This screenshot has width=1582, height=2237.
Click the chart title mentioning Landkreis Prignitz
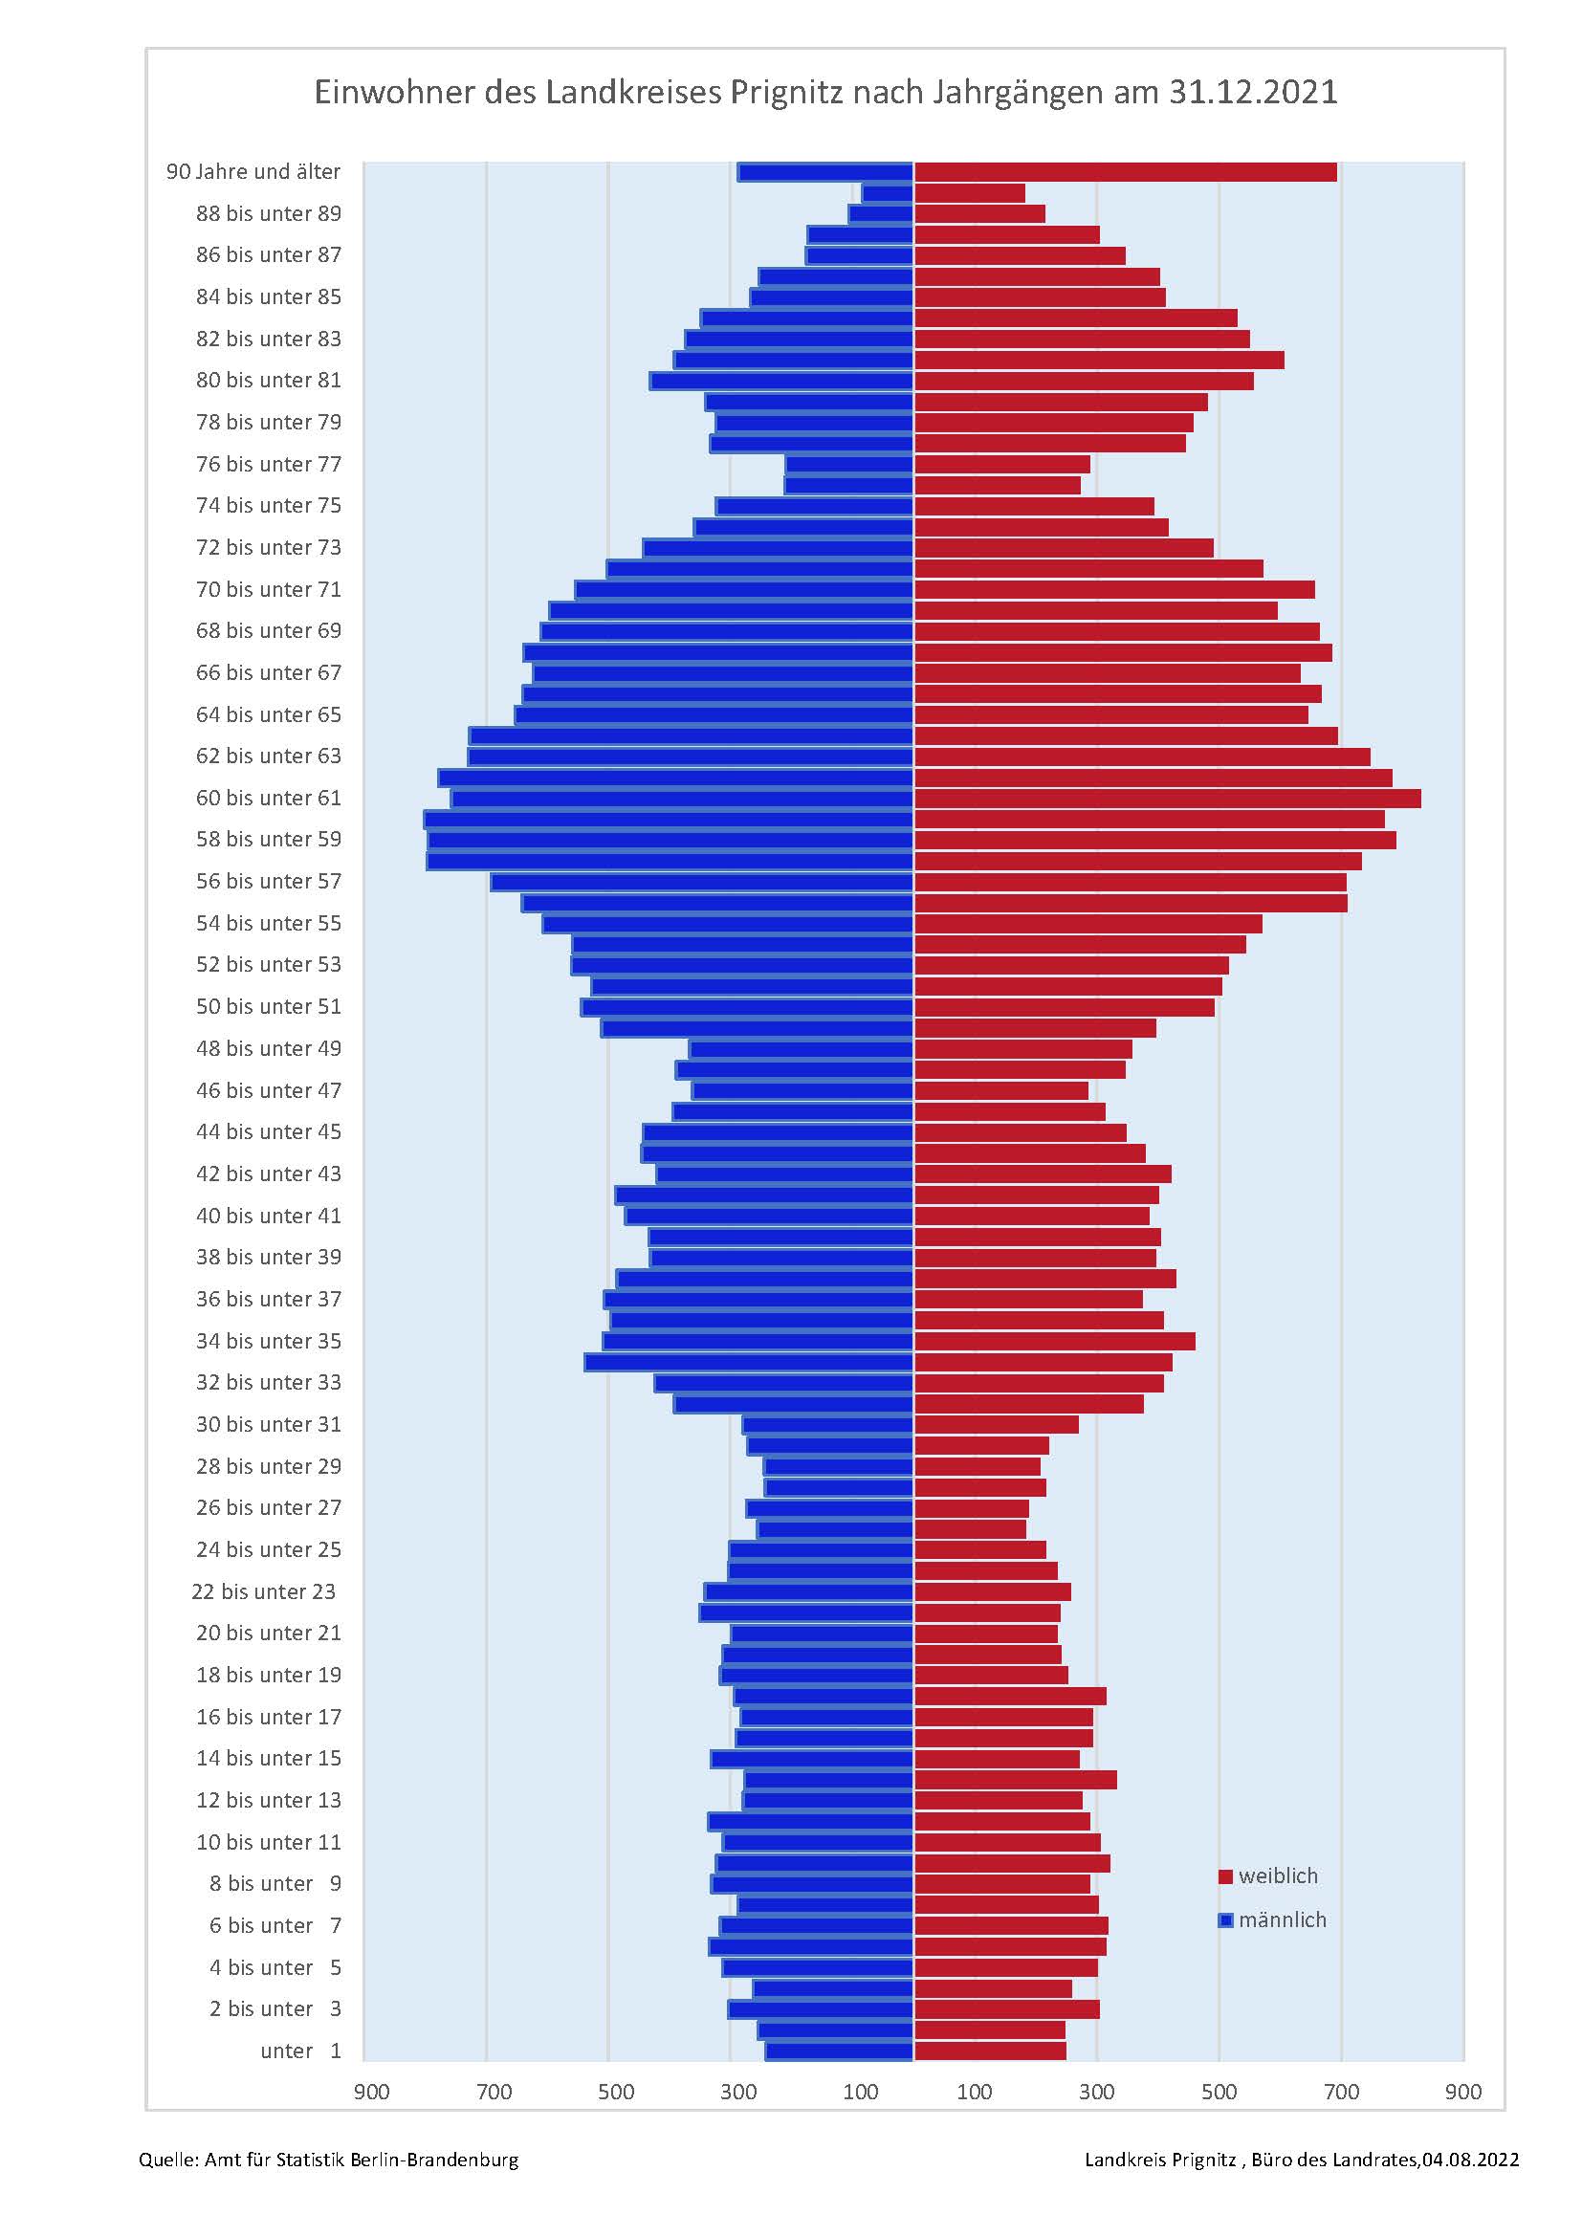click(825, 93)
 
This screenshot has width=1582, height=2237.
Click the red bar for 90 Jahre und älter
click(1124, 172)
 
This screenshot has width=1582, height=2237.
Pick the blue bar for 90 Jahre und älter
click(825, 172)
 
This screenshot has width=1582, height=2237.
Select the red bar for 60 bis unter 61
click(1166, 799)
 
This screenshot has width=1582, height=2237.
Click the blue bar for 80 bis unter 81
click(781, 381)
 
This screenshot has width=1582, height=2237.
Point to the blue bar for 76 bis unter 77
click(848, 465)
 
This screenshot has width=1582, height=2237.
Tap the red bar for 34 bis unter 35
click(1054, 1342)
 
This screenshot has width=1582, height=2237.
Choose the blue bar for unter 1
click(839, 2051)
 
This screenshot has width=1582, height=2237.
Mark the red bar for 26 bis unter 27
click(970, 1508)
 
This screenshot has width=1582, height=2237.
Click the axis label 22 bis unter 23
click(263, 1592)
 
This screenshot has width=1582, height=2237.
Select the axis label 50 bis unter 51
click(269, 1006)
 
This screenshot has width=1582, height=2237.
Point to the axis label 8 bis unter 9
click(275, 1884)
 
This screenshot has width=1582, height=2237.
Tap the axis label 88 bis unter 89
click(269, 213)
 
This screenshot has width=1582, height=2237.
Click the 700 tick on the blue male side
click(494, 2092)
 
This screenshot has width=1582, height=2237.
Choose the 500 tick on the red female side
click(1219, 2092)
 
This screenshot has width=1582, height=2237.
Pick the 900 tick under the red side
click(1463, 2092)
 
